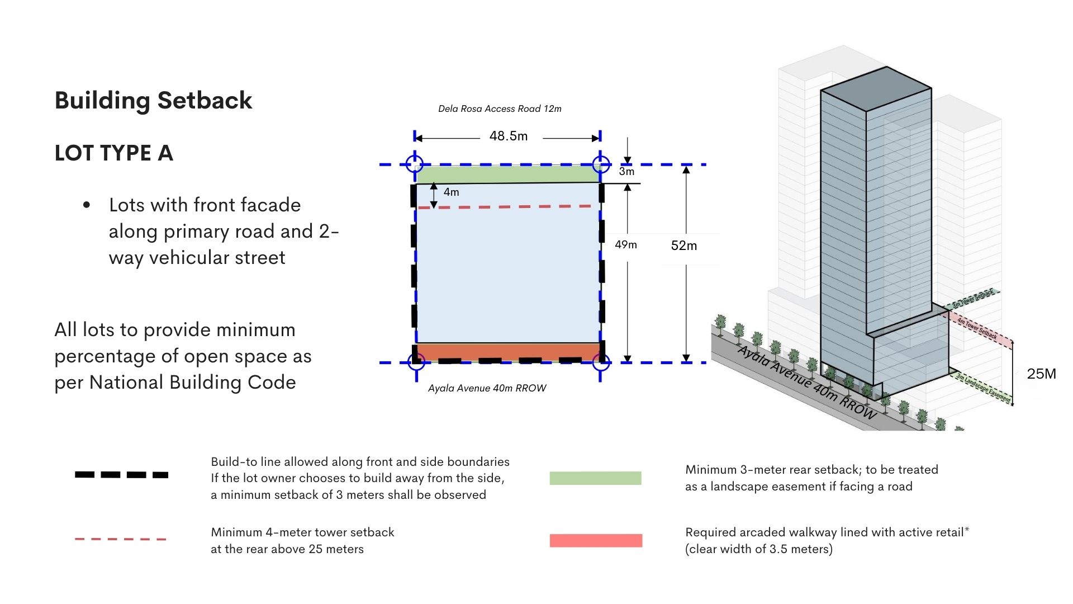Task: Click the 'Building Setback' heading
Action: [x=153, y=101]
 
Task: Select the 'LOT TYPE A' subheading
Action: [x=113, y=153]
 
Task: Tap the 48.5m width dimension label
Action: [x=508, y=136]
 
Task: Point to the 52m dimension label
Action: [x=683, y=246]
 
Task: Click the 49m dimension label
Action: [x=625, y=245]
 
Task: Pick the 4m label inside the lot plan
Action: [x=451, y=192]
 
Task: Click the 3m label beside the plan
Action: [x=626, y=172]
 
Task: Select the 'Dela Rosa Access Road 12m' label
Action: [x=500, y=109]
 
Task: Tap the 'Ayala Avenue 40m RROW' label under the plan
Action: [x=487, y=388]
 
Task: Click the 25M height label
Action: [x=1041, y=374]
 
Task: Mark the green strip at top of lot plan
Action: [x=507, y=174]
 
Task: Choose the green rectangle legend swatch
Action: [x=595, y=478]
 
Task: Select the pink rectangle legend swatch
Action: [x=596, y=540]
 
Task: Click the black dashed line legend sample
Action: [x=121, y=475]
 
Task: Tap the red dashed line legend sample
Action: [x=121, y=539]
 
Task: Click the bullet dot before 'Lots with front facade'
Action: [x=86, y=205]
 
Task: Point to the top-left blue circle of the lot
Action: [x=415, y=164]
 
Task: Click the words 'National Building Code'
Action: [x=193, y=383]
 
